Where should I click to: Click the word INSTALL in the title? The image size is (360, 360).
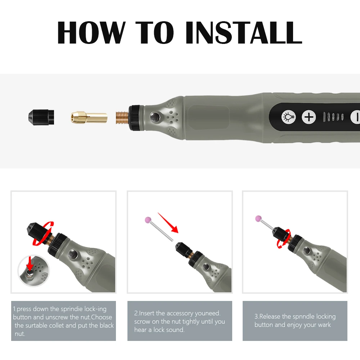(244, 32)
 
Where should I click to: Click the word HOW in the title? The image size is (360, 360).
(91, 32)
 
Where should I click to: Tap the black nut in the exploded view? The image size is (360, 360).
(41, 117)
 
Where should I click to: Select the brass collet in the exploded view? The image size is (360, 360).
(89, 117)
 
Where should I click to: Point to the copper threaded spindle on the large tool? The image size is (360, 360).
(122, 118)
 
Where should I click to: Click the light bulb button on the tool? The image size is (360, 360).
(289, 117)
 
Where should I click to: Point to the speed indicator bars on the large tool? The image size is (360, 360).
(333, 117)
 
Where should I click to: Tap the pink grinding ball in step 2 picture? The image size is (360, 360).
(148, 220)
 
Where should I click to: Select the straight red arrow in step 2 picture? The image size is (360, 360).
(168, 223)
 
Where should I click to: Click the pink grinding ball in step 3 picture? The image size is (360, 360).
(259, 219)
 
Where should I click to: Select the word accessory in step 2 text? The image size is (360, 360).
(180, 314)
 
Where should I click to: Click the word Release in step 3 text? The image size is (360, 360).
(270, 316)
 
